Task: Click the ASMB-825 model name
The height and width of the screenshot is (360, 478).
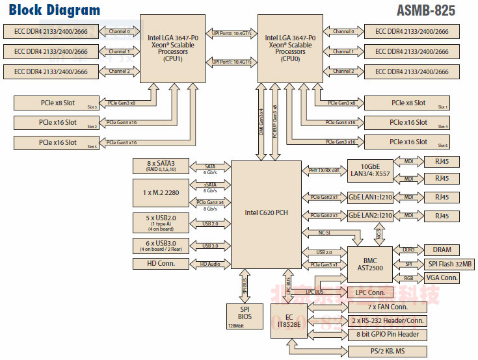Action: [425, 10]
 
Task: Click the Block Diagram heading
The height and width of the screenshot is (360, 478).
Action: [55, 10]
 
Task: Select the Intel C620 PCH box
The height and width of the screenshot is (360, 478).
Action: [267, 212]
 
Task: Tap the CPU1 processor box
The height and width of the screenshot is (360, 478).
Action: [173, 49]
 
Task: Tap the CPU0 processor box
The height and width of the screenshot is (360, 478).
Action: [290, 49]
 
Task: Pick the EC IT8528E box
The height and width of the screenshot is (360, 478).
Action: [288, 321]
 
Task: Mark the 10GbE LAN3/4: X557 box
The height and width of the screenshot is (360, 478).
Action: [370, 169]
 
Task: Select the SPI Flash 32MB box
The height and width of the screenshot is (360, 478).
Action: [450, 264]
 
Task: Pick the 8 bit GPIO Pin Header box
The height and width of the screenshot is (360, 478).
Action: [388, 335]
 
